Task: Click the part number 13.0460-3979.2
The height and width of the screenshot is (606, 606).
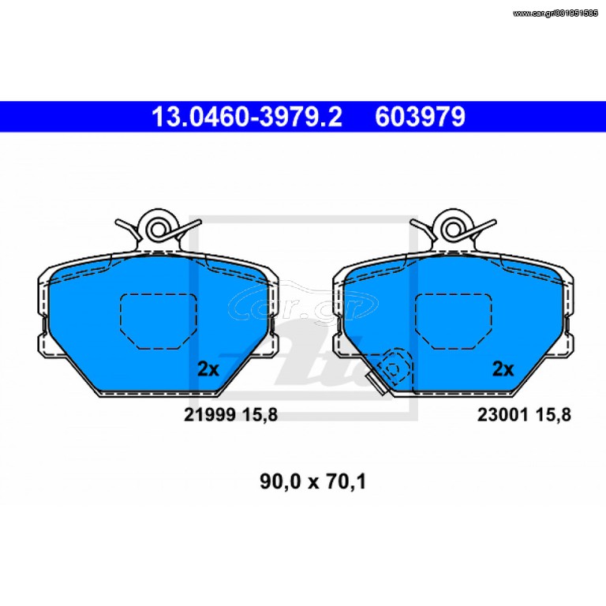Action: [x=247, y=117]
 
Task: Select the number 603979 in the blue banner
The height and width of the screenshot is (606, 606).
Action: [x=420, y=117]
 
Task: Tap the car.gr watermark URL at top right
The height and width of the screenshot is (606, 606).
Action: [x=555, y=13]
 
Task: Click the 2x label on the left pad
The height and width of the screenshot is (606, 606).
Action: [x=208, y=369]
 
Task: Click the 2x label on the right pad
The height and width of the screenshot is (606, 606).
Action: [x=503, y=369]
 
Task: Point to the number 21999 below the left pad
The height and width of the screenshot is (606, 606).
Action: [x=210, y=415]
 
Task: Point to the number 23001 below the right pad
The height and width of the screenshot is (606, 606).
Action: [x=503, y=415]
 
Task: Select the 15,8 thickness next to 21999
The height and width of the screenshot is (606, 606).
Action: [x=260, y=416]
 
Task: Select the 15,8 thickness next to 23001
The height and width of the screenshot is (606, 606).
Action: [x=553, y=416]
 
